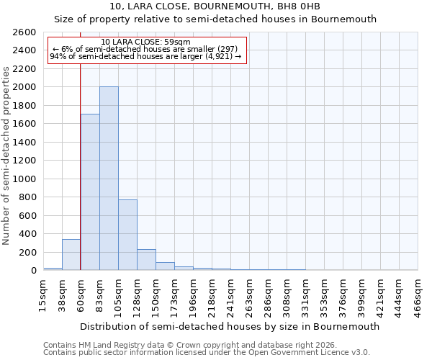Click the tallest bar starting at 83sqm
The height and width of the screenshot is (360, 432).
pos(109,179)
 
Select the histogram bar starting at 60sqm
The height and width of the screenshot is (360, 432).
pos(90,192)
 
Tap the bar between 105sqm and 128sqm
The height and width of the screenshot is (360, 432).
pos(127,235)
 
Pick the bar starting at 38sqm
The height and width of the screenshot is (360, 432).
pos(71,255)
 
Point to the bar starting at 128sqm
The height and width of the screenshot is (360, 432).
pos(146,260)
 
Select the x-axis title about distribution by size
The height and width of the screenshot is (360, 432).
pos(230,326)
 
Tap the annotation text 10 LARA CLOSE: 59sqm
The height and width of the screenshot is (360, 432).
pos(146,42)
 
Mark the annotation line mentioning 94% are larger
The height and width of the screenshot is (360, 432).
pos(146,56)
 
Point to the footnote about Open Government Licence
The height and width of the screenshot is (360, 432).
pos(207,353)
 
